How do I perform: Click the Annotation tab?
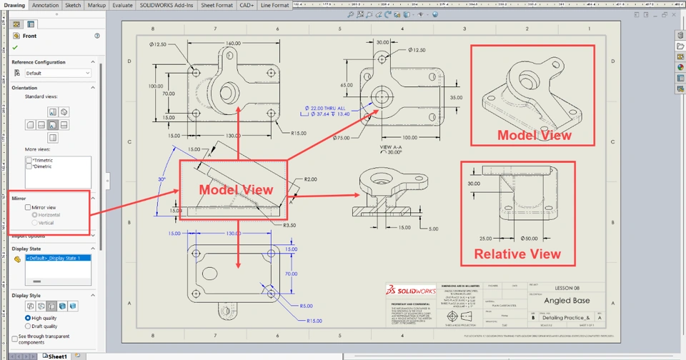coord(46,5)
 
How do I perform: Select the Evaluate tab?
coord(122,5)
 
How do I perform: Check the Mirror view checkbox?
coord(28,207)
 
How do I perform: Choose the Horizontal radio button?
coord(35,215)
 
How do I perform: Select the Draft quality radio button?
coord(27,326)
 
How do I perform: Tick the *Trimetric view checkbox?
coord(29,160)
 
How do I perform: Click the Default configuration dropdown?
coord(57,73)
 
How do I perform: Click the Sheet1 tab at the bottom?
coord(56,356)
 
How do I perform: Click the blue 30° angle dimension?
coord(161,179)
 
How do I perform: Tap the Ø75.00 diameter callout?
coord(341,138)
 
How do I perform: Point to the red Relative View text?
coord(517,254)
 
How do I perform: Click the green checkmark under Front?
coord(15,47)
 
